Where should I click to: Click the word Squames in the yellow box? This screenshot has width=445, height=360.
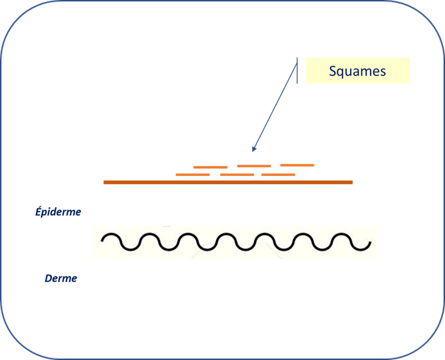coord(357,71)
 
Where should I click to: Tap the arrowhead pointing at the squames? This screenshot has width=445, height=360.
coord(254,149)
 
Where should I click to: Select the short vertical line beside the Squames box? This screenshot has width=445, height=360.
coord(297,70)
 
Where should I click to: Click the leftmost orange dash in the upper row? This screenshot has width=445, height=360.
coord(210,167)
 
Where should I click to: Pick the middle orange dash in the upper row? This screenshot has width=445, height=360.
coord(254,166)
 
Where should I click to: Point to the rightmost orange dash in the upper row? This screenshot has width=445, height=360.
coord(297,165)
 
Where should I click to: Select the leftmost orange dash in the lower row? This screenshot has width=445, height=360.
coord(193,175)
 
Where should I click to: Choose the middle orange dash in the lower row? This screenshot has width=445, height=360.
coord(237,175)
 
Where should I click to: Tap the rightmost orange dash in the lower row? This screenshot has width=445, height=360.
coord(278,175)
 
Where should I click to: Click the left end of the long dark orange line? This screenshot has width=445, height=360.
coord(104,182)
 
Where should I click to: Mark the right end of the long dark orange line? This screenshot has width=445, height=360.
coord(352,182)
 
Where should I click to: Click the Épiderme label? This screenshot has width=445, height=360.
coord(58,212)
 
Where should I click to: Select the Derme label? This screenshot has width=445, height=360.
coord(61,278)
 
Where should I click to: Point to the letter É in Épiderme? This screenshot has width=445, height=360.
coord(38,211)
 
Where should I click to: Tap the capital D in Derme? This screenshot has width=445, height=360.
coord(49,278)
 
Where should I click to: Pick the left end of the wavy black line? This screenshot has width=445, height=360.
coord(102,241)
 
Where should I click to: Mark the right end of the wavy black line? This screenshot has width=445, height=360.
coord(370,242)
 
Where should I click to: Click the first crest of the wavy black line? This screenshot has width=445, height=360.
coord(111,234)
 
